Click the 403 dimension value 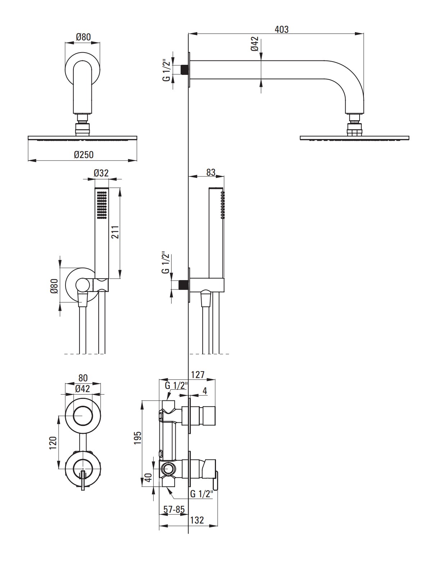point(281,30)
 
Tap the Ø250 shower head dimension point(84,155)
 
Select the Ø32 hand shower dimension point(101,173)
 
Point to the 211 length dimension point(115,232)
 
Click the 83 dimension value point(211,172)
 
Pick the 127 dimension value point(198,375)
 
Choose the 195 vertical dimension point(137,437)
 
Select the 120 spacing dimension point(53,443)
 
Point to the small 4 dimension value point(205,391)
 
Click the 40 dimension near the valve point(148,477)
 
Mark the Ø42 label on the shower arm point(255,44)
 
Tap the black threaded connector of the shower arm point(185,69)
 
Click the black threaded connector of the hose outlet point(184,285)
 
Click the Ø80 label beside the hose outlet point(54,286)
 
